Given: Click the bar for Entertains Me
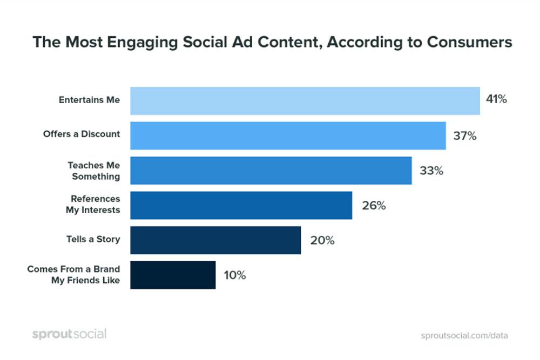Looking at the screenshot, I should coord(305,100).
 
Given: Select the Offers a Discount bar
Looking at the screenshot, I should coord(288,135).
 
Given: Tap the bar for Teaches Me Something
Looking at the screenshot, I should coord(271,171).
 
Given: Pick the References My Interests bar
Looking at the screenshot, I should coord(241,205).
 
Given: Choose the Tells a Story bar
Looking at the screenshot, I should coord(215,240).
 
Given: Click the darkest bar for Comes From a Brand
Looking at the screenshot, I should coord(173,275).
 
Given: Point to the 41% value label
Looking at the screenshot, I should coord(496,100).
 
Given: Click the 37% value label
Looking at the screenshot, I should coord(464,135).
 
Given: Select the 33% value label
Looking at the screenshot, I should coord(431,171).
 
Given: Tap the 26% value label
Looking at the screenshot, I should coord(374,206).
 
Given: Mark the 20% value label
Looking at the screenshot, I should coord(322,241).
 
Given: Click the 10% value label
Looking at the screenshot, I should coord(234,275).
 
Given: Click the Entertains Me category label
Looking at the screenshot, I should coord(89,100).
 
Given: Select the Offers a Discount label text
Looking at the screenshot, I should coord(82,134).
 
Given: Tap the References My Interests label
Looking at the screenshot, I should coord(93,205).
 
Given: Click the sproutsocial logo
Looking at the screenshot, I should coord(69,334).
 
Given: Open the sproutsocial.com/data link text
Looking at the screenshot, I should coord(464,335).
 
